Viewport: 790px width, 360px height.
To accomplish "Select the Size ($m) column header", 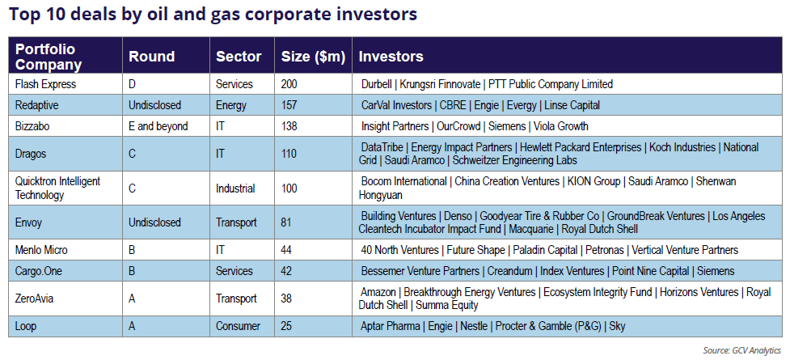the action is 313,57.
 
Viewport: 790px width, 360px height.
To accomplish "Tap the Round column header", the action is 152,57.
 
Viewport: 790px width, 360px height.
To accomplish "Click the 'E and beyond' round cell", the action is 158,126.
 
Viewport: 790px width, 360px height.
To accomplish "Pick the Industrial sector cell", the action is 235,188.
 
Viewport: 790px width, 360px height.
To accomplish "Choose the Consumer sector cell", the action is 238,326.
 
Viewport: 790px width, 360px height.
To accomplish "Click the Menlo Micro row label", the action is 41,250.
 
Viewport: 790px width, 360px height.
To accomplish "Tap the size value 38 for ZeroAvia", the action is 286,299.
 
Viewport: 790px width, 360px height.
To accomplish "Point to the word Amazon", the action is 378,292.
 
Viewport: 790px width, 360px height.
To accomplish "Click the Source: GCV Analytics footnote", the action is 741,349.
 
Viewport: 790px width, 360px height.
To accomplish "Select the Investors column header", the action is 391,57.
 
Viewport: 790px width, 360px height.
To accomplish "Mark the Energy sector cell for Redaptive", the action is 231,105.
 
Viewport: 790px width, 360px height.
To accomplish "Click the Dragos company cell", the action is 30,154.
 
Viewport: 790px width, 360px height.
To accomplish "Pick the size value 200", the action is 289,84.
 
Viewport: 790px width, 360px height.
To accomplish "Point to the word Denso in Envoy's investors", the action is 458,216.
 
